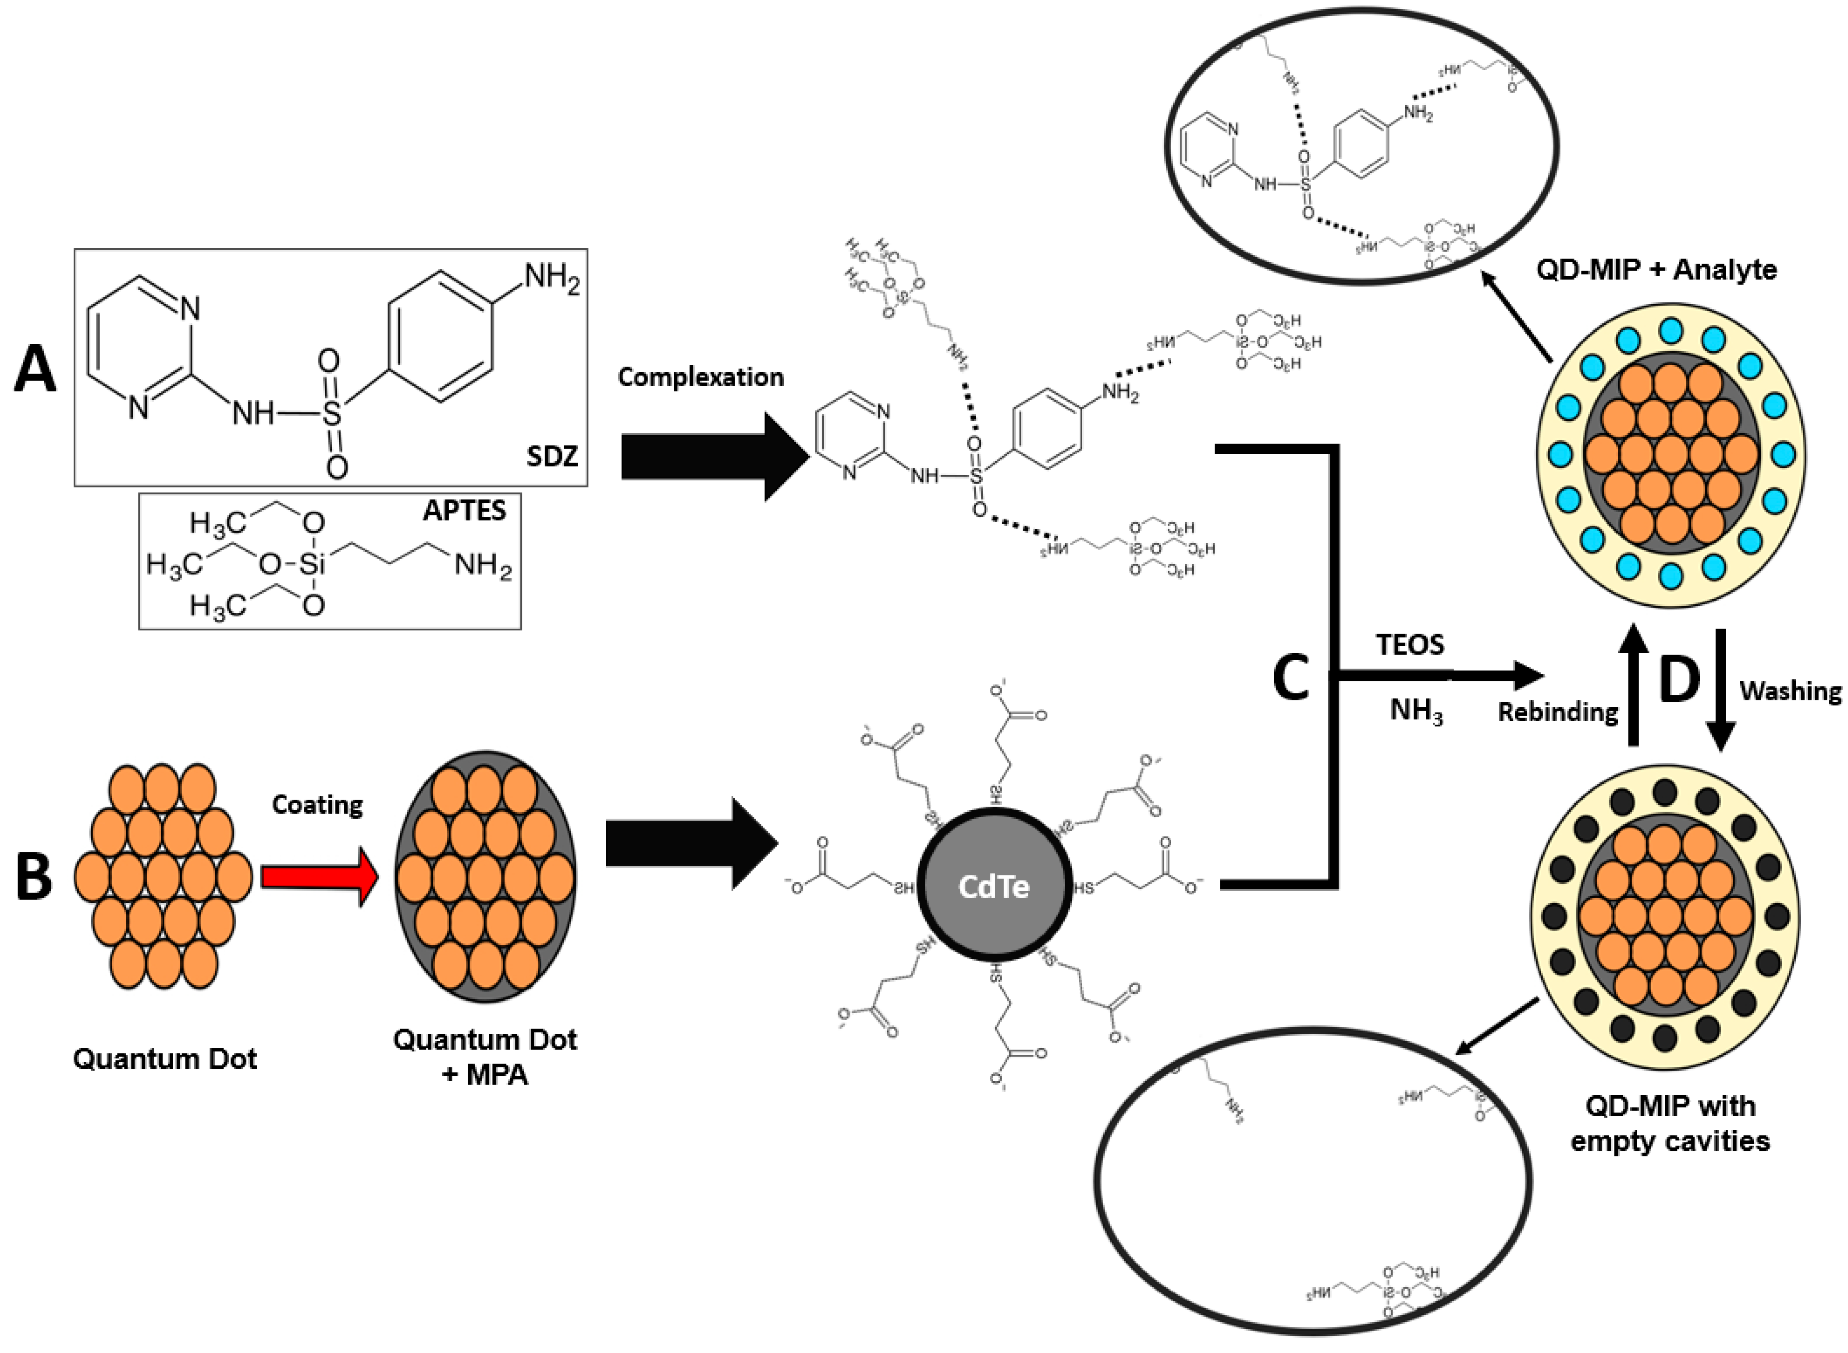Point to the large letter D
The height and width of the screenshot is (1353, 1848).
(x=1678, y=679)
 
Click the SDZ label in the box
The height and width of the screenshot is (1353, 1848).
(x=552, y=456)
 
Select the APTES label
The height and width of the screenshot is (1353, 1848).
(x=464, y=511)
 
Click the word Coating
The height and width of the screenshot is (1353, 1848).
(x=318, y=805)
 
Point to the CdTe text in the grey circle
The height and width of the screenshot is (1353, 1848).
(x=994, y=887)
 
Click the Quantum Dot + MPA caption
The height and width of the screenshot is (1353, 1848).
(x=486, y=1057)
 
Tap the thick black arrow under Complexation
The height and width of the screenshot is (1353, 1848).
(x=712, y=456)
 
